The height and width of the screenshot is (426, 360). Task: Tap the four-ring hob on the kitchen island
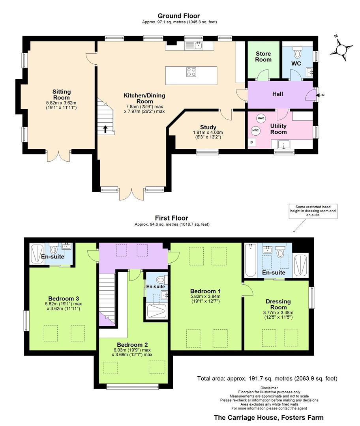pos(191,72)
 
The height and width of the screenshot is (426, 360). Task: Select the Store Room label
pos(263,56)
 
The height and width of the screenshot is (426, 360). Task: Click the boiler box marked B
pos(252,142)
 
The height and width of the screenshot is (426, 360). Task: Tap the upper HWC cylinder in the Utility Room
pos(261,118)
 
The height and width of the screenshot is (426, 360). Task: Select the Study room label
pos(208,127)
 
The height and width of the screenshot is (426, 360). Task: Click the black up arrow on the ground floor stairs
pos(105,129)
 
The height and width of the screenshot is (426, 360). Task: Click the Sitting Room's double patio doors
pos(59,156)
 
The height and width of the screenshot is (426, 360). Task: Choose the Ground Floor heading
pos(179,16)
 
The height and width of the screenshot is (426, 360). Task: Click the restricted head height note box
pos(313,211)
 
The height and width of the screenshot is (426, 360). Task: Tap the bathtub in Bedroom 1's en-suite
pos(250,260)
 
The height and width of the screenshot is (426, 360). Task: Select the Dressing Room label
pos(278,304)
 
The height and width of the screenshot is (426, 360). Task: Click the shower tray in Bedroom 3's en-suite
pos(37,254)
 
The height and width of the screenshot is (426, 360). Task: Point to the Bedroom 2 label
pos(132,345)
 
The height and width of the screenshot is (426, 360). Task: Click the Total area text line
pos(267,378)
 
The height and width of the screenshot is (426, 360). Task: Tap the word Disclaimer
pos(269,388)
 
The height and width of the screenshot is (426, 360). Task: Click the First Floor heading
pos(171,218)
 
